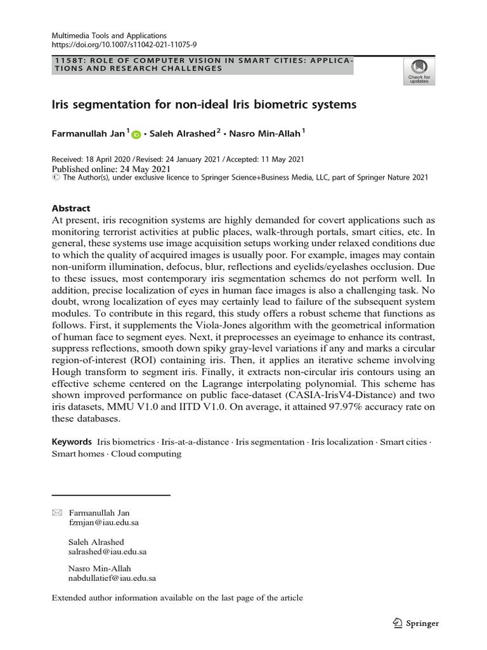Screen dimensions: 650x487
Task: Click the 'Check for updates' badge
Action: click(419, 70)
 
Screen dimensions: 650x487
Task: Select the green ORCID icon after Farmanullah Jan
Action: click(136, 135)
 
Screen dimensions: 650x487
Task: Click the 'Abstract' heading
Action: click(70, 208)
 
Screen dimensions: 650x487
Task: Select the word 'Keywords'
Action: click(72, 441)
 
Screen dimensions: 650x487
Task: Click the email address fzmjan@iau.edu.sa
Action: click(103, 522)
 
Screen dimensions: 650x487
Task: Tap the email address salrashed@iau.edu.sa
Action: click(108, 552)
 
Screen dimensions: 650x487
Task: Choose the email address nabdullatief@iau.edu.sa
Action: click(112, 578)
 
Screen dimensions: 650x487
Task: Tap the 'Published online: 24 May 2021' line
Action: click(111, 169)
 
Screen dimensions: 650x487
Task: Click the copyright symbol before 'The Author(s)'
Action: click(55, 178)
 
